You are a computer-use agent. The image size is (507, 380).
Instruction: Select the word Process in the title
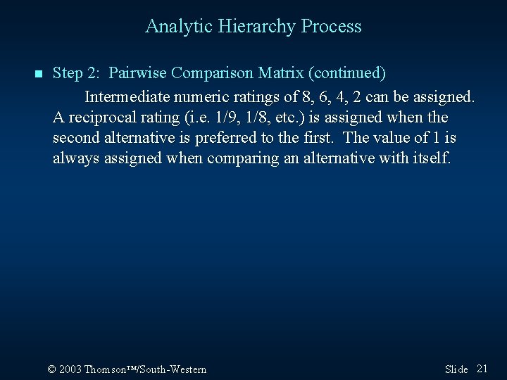(x=331, y=27)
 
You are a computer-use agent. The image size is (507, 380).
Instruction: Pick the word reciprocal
(x=97, y=117)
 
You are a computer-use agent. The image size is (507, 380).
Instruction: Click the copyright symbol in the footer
(x=51, y=369)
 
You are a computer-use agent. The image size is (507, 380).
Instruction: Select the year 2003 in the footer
(x=71, y=369)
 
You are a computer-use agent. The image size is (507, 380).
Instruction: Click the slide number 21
(x=482, y=369)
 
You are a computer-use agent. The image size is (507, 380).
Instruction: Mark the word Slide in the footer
(x=456, y=369)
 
